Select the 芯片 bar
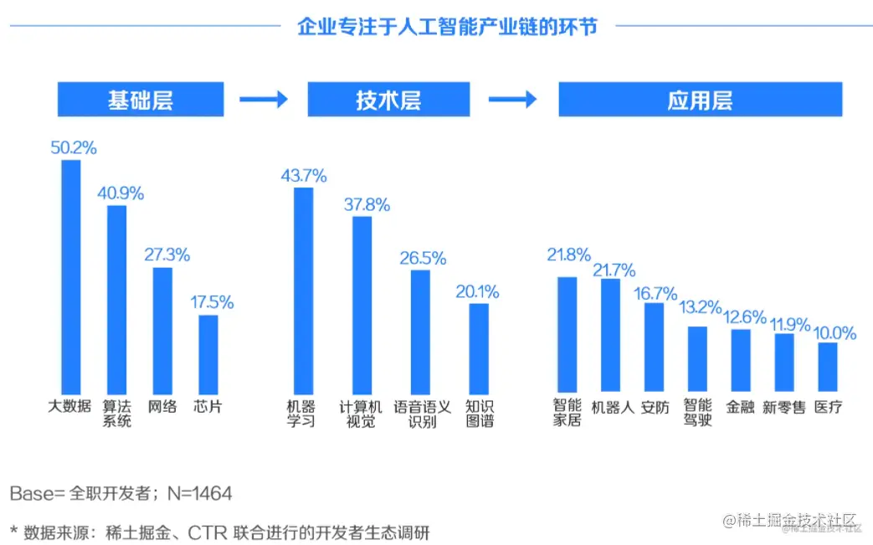point(208,352)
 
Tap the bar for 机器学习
point(302,288)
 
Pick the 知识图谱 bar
point(479,347)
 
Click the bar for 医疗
point(827,366)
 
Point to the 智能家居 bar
point(567,333)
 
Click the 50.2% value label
point(74,148)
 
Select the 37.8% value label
point(365,205)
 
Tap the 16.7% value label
point(655,293)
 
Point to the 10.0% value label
point(834,333)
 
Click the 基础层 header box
point(140,100)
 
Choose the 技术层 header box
point(388,100)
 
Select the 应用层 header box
point(700,100)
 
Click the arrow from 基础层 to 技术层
point(264,100)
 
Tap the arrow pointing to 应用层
point(512,100)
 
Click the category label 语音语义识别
point(422,414)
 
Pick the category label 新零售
point(783,407)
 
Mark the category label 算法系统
point(117,414)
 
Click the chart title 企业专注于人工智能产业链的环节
point(447,27)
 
